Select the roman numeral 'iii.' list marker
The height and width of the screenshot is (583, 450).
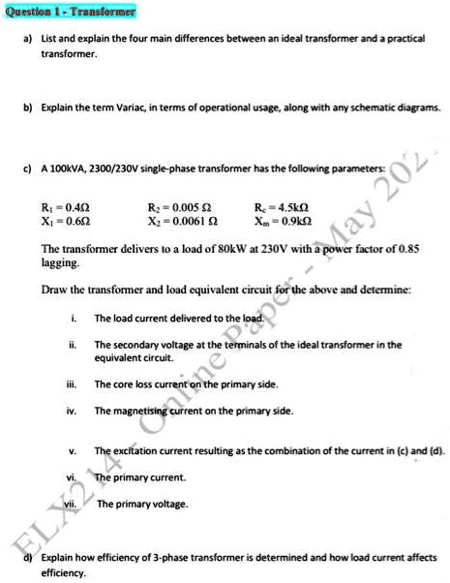pos(74,384)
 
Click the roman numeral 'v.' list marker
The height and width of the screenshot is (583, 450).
pos(74,452)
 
